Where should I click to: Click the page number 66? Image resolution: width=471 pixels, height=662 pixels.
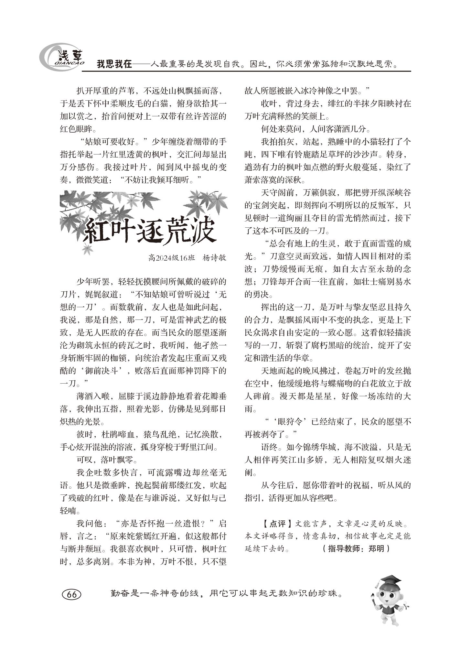click(71, 594)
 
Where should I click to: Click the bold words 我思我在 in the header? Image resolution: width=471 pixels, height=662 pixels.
click(114, 64)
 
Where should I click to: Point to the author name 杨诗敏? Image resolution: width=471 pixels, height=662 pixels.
click(214, 258)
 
